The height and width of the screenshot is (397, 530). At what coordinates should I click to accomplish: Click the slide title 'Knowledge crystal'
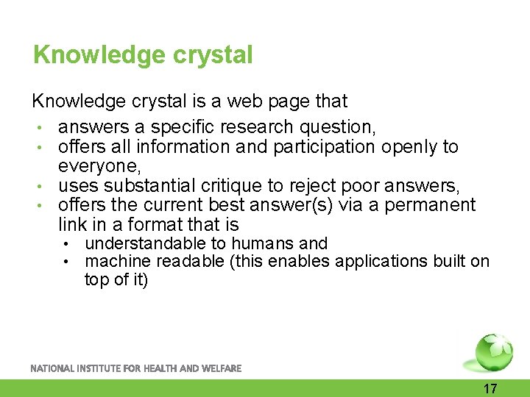[x=143, y=55]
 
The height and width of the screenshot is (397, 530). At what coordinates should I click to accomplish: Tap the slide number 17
[x=490, y=389]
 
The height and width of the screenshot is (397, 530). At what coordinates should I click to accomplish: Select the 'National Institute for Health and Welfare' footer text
[x=135, y=368]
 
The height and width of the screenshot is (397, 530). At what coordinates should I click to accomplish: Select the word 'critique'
[x=234, y=186]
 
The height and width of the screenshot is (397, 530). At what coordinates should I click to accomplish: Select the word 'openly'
[x=409, y=147]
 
